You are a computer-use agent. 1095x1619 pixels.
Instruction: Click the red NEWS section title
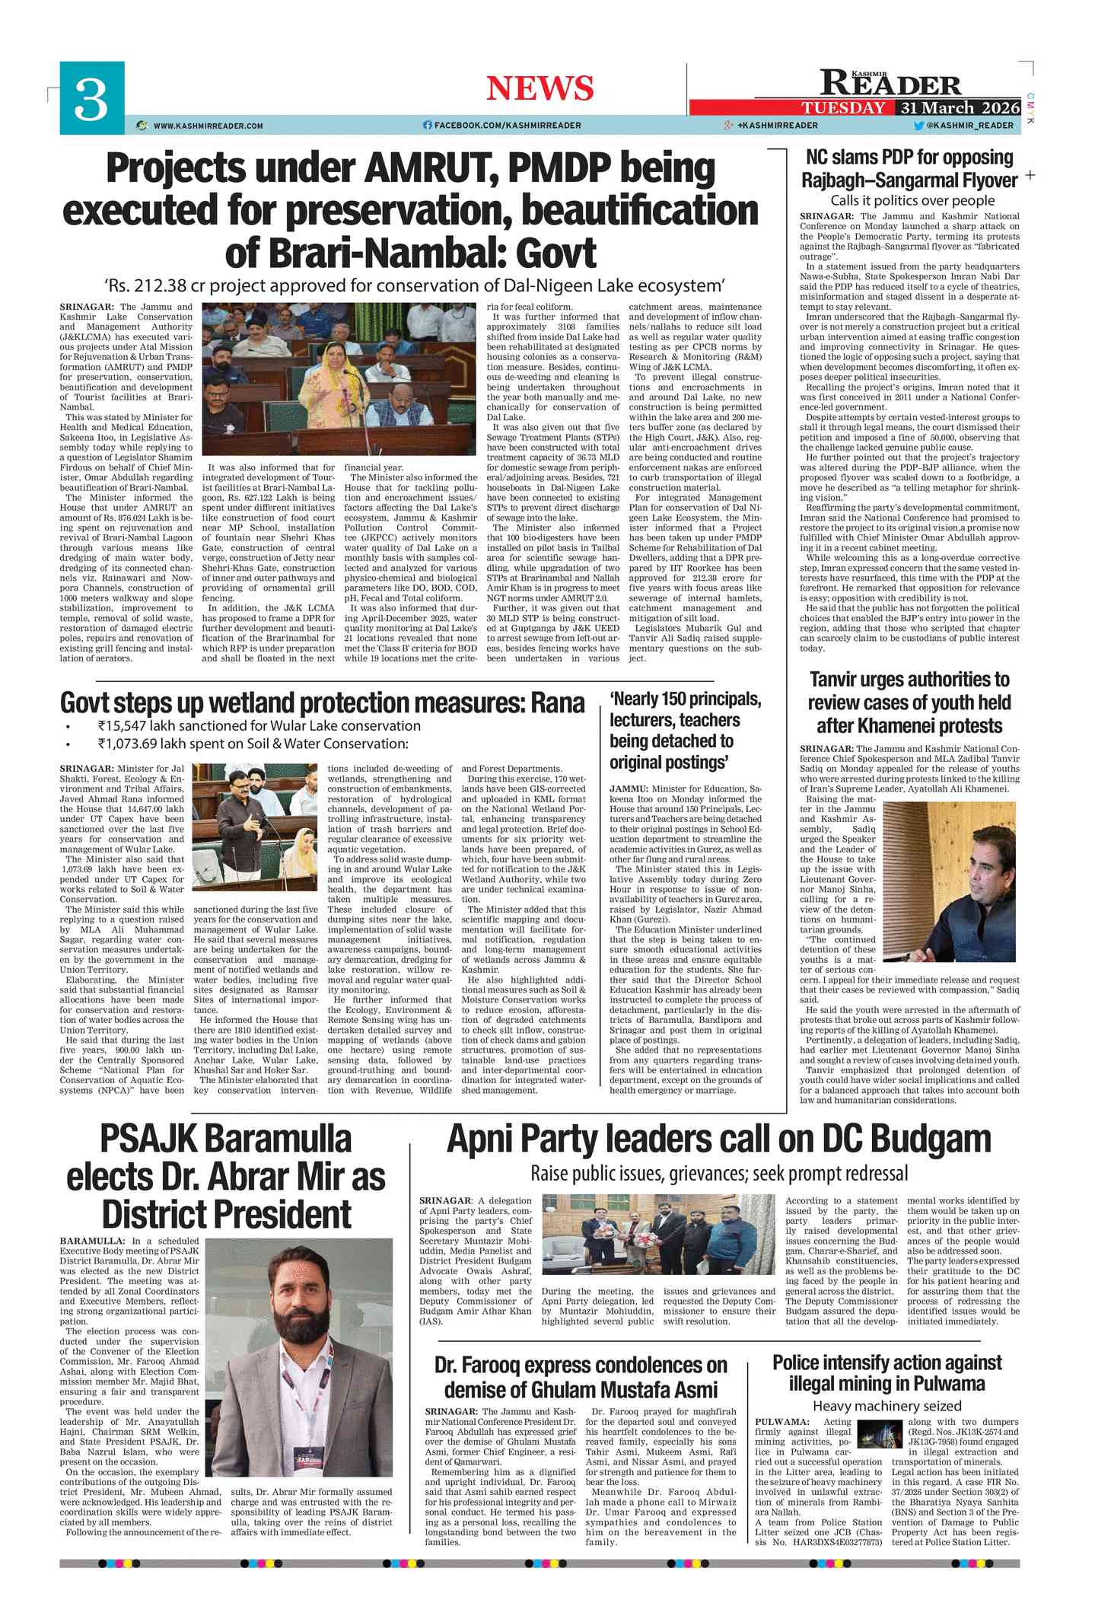(540, 88)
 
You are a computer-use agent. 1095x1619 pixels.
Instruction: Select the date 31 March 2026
(957, 108)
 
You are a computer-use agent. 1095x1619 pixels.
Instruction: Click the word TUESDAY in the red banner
(843, 108)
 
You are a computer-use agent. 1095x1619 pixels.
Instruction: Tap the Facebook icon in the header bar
(427, 126)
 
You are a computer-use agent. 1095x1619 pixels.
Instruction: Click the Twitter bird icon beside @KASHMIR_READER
(918, 126)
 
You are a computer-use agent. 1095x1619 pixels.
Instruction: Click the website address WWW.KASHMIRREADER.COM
(208, 126)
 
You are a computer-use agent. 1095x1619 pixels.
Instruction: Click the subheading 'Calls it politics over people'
(912, 201)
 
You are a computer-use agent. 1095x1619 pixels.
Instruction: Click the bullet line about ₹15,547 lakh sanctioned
(259, 726)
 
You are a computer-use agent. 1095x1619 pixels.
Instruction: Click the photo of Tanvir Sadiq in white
(950, 881)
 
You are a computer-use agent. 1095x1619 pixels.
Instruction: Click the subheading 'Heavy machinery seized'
(887, 1406)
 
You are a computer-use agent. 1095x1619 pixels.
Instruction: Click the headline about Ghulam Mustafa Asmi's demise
(581, 1377)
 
